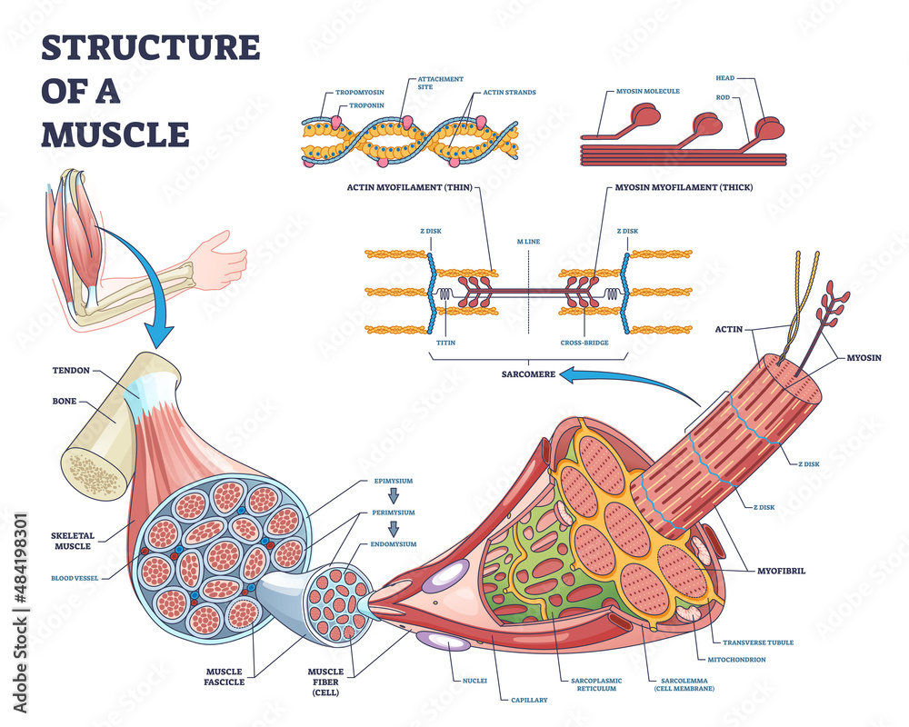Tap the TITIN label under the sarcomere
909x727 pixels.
(x=445, y=343)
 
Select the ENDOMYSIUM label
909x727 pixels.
(x=394, y=543)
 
